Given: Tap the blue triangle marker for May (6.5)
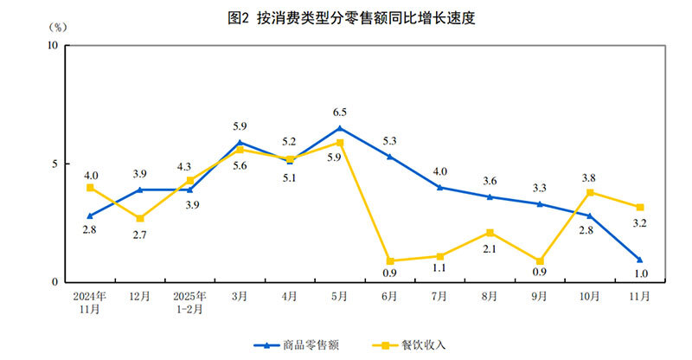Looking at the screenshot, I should point(340,128).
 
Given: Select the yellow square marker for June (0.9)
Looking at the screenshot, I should point(389,260).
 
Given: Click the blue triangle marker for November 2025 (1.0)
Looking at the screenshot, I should point(639,259).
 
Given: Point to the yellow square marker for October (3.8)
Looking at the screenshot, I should point(590,192).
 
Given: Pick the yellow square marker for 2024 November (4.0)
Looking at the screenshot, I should point(90,188).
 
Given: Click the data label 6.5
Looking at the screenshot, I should point(340,112).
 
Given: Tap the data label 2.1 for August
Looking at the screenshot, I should point(490,249).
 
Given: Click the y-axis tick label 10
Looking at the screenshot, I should point(51,45).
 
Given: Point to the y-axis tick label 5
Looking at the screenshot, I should point(54,164).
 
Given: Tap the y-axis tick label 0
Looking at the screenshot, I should point(54,282).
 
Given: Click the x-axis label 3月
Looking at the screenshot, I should point(240,296).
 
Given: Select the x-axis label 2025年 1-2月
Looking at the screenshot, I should point(190,301).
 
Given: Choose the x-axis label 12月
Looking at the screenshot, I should point(139,296).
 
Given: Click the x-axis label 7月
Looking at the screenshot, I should point(439,296).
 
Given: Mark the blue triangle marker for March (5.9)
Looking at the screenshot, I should point(240,142).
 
